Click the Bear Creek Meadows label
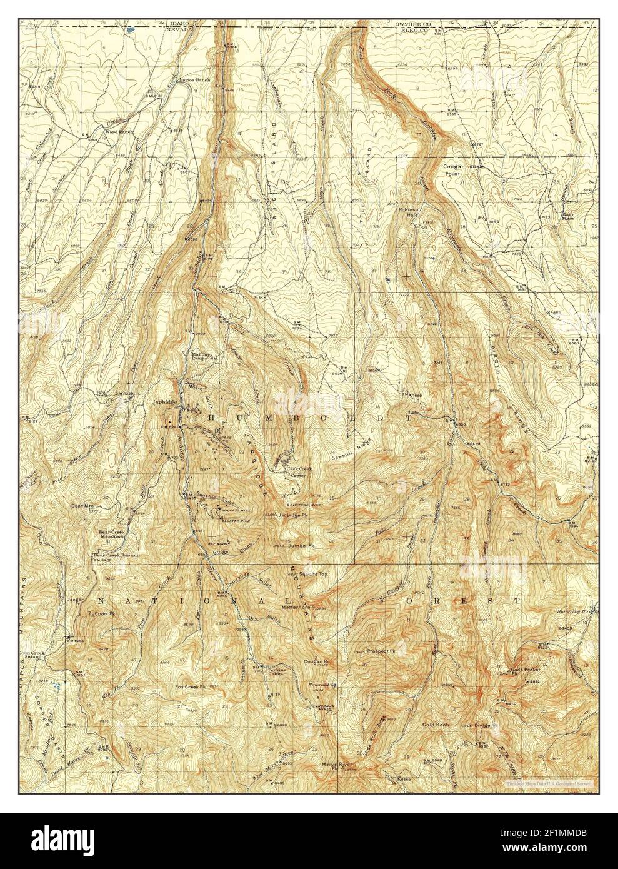click(114, 535)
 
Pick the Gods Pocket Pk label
click(516, 673)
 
